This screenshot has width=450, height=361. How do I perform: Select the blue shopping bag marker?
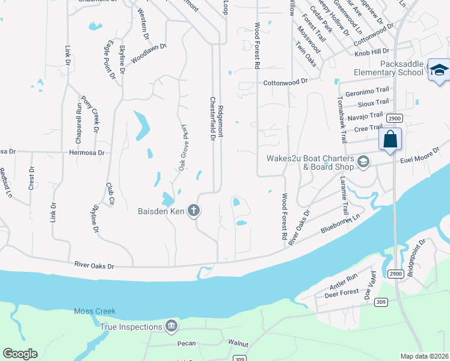tap(390, 140)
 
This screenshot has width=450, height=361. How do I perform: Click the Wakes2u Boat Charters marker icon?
tap(363, 161)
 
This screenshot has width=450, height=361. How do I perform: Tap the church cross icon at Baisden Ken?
tap(193, 210)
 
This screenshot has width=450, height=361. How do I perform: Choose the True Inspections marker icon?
tap(171, 327)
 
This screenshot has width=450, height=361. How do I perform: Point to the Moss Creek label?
tap(94, 312)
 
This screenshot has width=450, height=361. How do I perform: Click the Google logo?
tap(20, 354)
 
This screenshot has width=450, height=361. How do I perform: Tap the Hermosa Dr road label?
tap(87, 153)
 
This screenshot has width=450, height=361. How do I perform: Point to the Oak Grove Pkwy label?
tap(183, 149)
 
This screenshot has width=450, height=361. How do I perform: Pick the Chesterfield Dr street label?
tap(212, 119)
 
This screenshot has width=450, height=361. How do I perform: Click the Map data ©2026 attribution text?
tap(425, 356)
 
